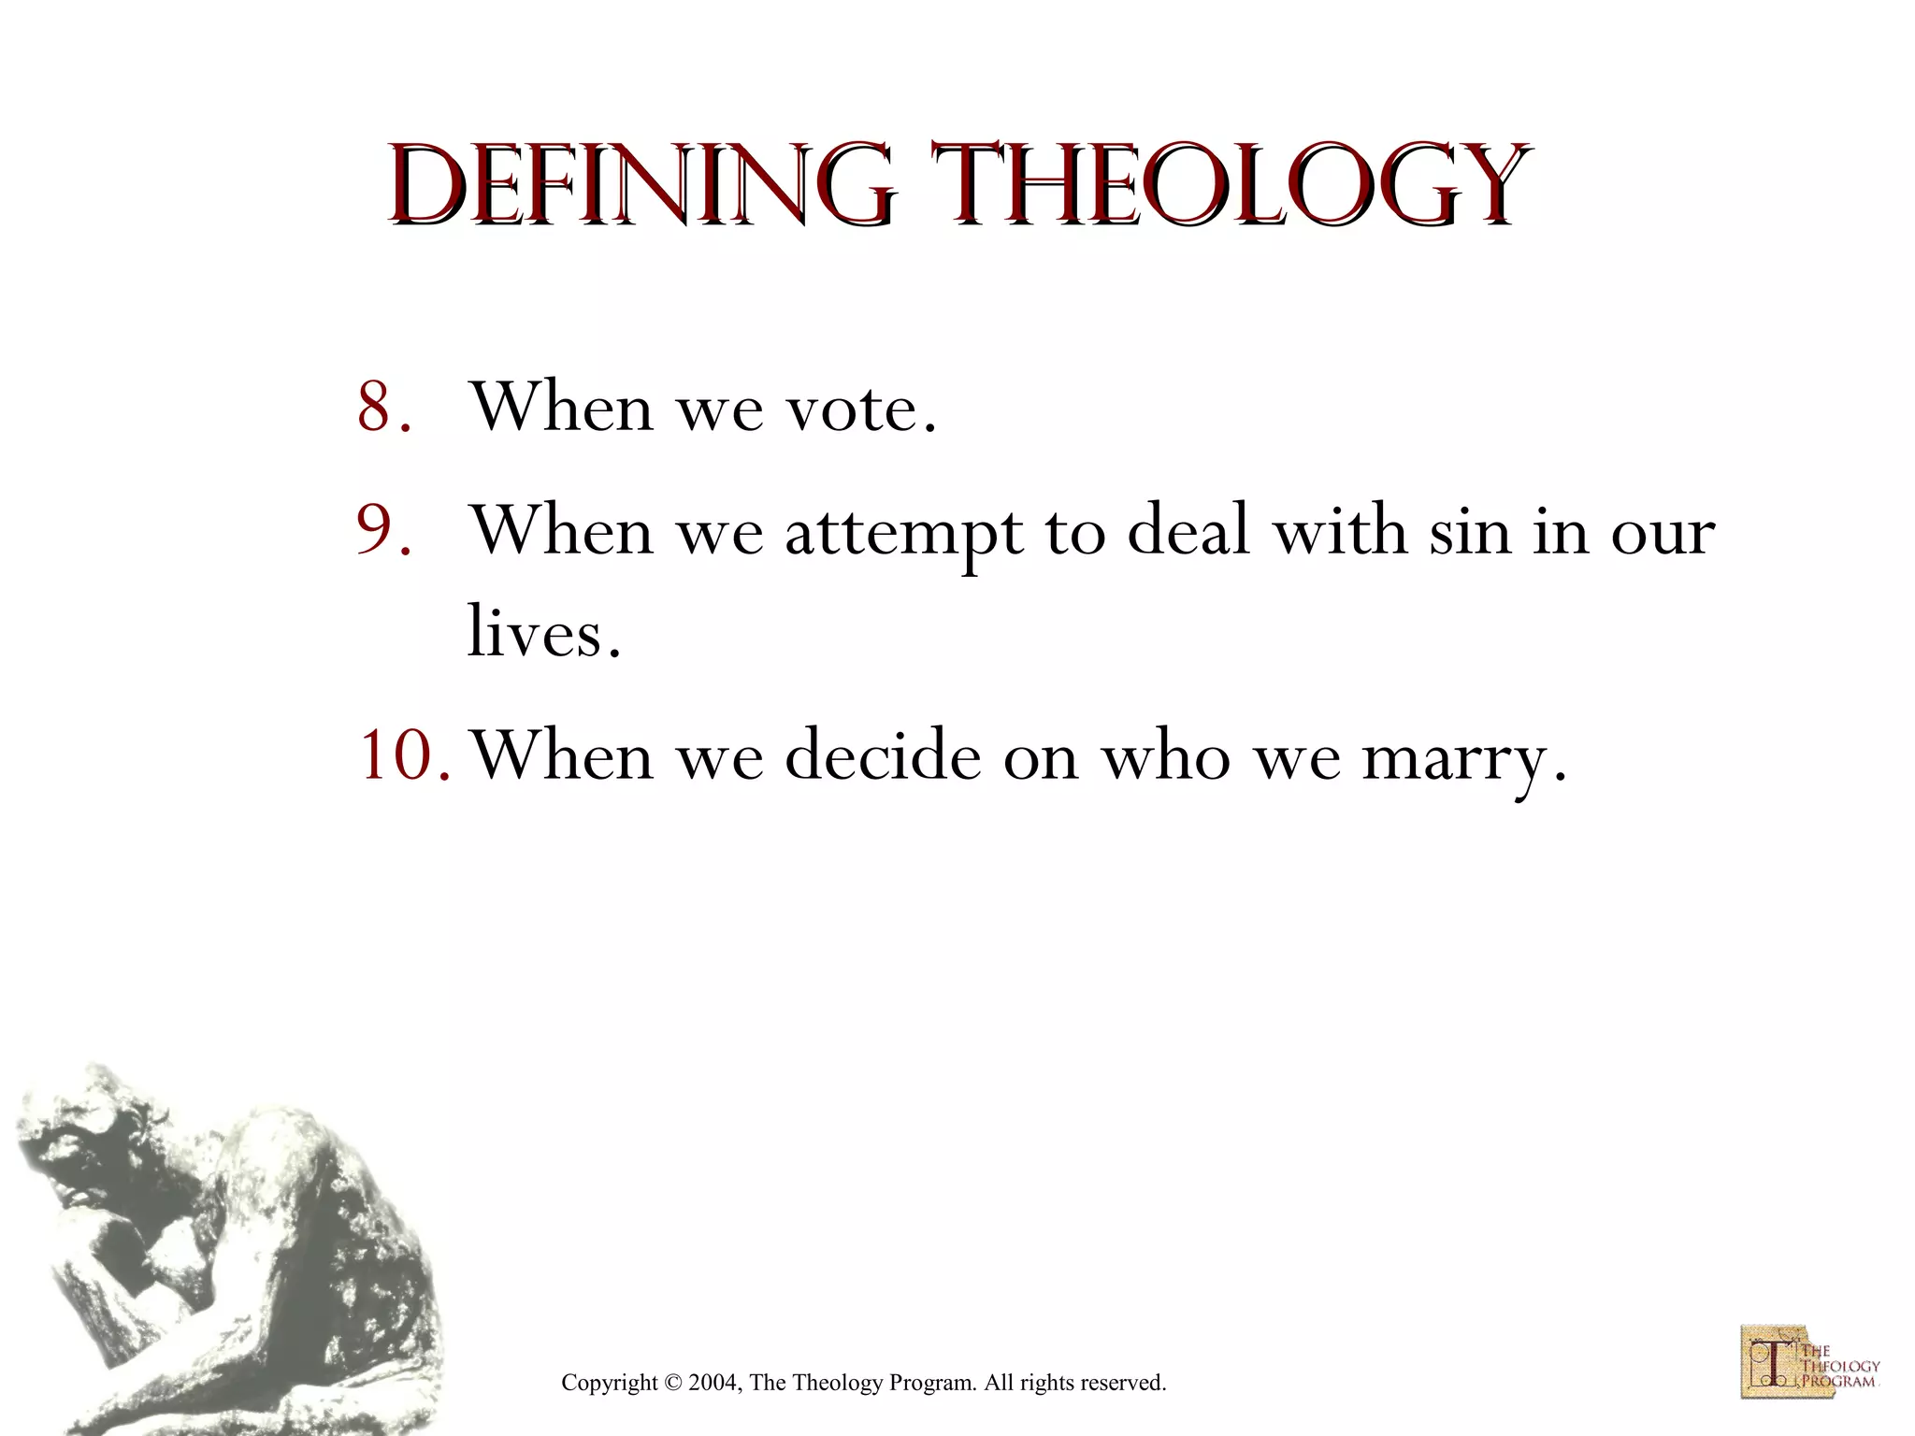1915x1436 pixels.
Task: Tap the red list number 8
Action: tap(382, 408)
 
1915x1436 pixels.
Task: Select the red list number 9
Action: tap(382, 530)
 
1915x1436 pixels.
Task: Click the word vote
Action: tap(860, 408)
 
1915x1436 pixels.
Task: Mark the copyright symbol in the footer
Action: tap(672, 1383)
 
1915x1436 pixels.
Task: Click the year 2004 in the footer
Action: tap(714, 1383)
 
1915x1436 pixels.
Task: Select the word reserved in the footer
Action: tap(1122, 1383)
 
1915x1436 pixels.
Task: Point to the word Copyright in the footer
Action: tap(609, 1383)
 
